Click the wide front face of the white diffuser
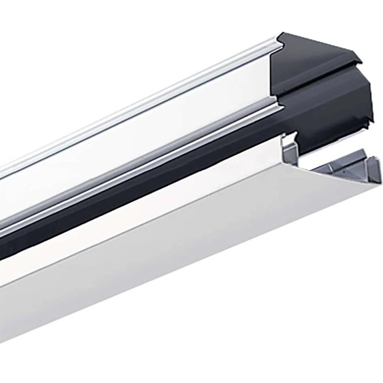[191, 268]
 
